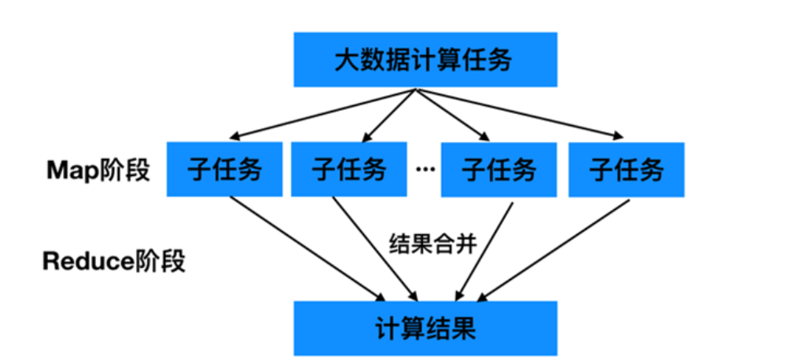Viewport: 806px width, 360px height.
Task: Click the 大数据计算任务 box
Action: point(425,60)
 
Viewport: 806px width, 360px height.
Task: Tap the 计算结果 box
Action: point(425,328)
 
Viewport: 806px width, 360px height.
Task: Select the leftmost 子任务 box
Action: point(225,169)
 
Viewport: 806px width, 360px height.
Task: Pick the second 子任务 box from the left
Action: point(349,169)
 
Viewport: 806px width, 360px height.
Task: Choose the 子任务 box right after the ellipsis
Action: point(499,169)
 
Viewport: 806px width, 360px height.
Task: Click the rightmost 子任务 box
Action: point(627,169)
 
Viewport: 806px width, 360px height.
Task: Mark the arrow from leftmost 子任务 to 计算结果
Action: point(307,249)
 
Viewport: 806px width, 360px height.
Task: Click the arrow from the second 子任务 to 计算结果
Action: point(374,249)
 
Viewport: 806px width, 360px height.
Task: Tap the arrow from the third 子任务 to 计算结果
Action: point(484,249)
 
